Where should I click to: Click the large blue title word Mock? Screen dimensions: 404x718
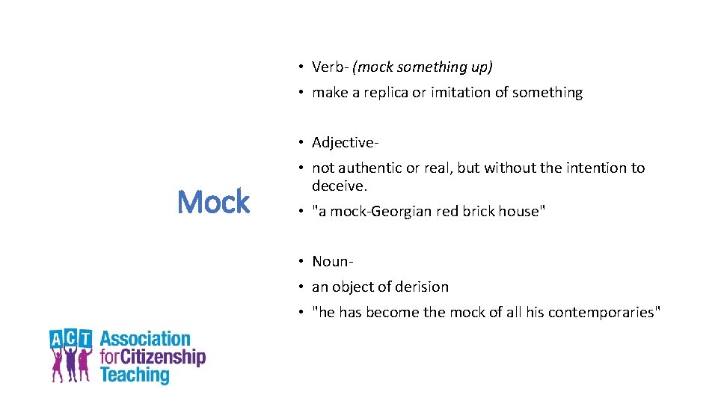(x=213, y=202)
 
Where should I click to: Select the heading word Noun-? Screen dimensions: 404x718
(x=333, y=261)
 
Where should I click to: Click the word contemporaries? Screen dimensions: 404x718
(x=604, y=312)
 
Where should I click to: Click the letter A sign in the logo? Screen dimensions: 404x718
(x=58, y=338)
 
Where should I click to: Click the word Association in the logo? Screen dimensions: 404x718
(x=145, y=339)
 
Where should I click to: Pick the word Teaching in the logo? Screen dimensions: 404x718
(x=135, y=374)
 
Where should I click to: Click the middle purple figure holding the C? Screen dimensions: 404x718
(x=72, y=362)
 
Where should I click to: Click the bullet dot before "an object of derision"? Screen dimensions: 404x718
(x=297, y=287)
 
